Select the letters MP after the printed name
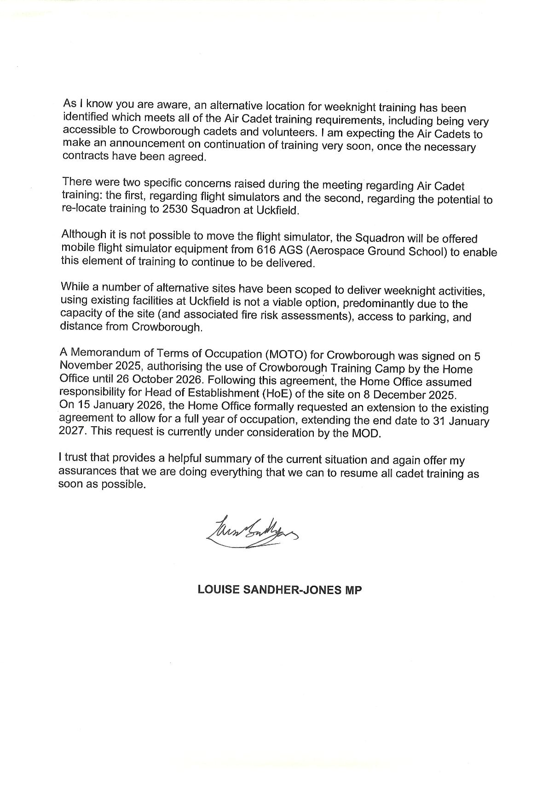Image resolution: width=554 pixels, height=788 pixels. pos(353,590)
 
